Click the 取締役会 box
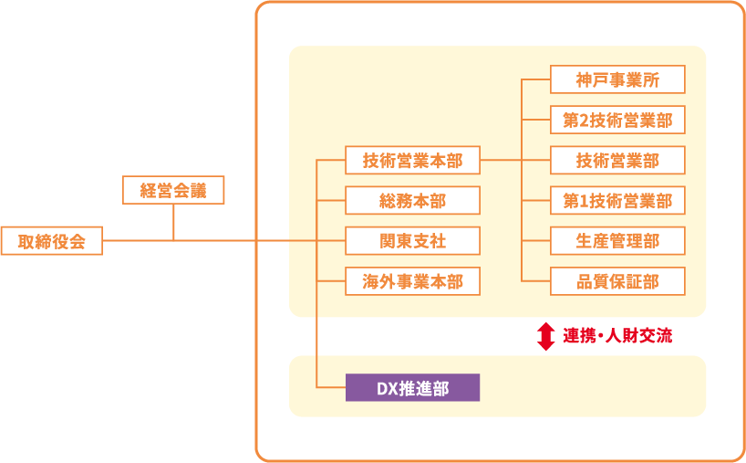[x=51, y=241]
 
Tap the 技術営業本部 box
[x=412, y=161]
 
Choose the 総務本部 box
[x=412, y=201]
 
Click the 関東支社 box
[x=412, y=241]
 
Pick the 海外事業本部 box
[x=412, y=281]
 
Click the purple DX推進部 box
[x=412, y=387]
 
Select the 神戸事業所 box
[x=617, y=79]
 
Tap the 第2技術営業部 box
[x=617, y=121]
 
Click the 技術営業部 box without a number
[x=617, y=161]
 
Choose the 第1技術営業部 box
[x=617, y=201]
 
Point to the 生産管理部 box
[x=617, y=241]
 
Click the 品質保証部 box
[x=617, y=281]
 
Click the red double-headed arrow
[x=545, y=335]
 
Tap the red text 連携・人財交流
[x=617, y=335]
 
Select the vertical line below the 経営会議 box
[x=173, y=222]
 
